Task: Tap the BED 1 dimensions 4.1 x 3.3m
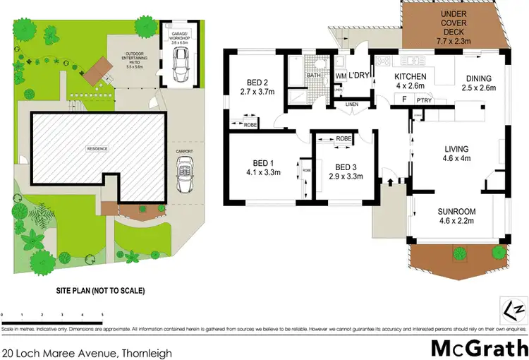click(x=260, y=172)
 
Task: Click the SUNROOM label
click(x=457, y=211)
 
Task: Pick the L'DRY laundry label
click(x=360, y=75)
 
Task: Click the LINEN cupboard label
click(x=351, y=104)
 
